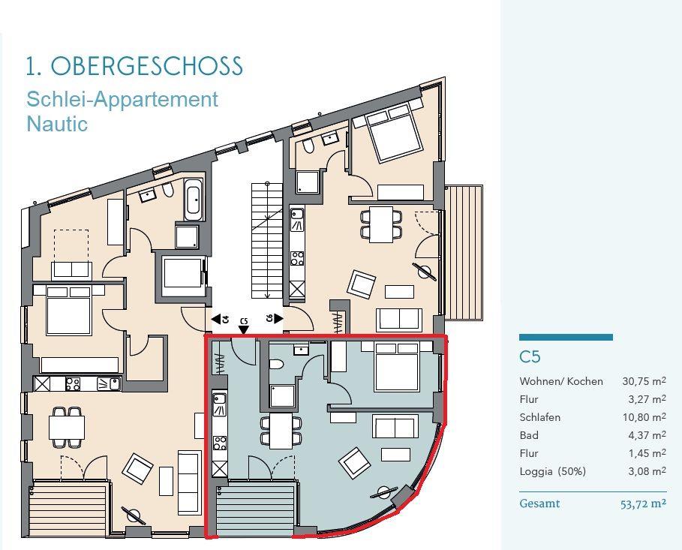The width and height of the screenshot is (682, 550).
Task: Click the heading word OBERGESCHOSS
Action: click(x=146, y=66)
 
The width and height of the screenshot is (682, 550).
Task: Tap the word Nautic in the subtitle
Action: click(x=57, y=124)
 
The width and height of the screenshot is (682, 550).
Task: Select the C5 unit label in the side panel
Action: click(x=530, y=357)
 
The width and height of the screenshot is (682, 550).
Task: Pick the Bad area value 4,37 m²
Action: click(x=647, y=435)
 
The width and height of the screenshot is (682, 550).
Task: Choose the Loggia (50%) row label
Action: click(x=552, y=471)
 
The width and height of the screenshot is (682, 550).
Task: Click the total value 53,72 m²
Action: click(x=643, y=504)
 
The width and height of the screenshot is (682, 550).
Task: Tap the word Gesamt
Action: click(x=539, y=504)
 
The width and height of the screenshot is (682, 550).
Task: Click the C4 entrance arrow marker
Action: click(x=217, y=320)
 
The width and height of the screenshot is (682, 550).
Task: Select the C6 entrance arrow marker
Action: click(x=278, y=318)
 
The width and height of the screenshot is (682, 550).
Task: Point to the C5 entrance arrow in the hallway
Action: click(x=244, y=330)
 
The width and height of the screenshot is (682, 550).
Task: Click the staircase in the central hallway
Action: click(x=267, y=241)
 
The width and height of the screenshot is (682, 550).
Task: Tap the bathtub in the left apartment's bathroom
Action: click(x=194, y=200)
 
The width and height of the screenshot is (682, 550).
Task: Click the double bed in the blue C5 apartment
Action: click(x=397, y=366)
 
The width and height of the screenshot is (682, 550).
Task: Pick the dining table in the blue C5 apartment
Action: click(x=281, y=431)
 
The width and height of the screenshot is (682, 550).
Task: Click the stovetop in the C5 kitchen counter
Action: click(x=220, y=443)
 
